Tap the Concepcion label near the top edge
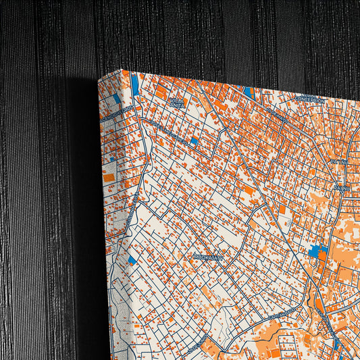[309, 98]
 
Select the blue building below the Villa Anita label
[195, 142]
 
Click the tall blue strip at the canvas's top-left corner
[135, 84]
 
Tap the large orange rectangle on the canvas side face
[108, 178]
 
